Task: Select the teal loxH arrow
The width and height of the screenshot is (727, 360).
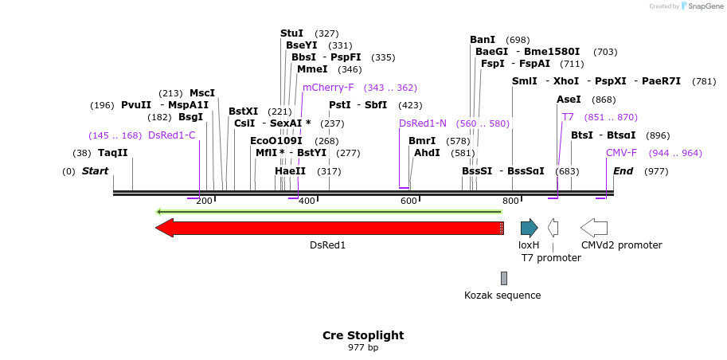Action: pyautogui.click(x=529, y=229)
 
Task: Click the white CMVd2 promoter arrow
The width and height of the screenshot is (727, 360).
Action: pyautogui.click(x=594, y=229)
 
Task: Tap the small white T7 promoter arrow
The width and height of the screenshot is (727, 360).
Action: pyautogui.click(x=553, y=229)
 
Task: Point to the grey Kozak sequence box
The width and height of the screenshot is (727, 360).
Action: pyautogui.click(x=503, y=278)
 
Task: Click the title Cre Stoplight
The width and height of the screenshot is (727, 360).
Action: pyautogui.click(x=363, y=335)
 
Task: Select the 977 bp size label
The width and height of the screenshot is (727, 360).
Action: pyautogui.click(x=363, y=348)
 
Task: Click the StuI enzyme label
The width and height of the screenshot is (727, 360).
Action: pyautogui.click(x=291, y=33)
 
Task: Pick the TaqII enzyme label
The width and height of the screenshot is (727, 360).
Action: pyautogui.click(x=112, y=153)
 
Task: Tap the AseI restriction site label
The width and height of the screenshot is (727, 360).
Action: pyautogui.click(x=569, y=100)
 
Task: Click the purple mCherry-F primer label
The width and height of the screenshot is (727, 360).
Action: pyautogui.click(x=328, y=88)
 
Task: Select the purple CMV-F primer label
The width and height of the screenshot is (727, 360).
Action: pyautogui.click(x=621, y=153)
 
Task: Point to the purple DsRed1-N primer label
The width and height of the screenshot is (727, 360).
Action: pyautogui.click(x=422, y=123)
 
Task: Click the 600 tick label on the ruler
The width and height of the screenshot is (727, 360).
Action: pyautogui.click(x=408, y=201)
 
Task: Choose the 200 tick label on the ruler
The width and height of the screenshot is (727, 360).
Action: pyautogui.click(x=204, y=201)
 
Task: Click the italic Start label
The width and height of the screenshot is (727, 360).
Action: pyautogui.click(x=95, y=171)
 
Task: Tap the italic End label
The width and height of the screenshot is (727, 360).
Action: pyautogui.click(x=623, y=171)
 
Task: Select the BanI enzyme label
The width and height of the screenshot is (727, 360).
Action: pyautogui.click(x=483, y=40)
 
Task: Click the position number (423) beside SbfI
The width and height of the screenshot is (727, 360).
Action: pyautogui.click(x=410, y=105)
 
